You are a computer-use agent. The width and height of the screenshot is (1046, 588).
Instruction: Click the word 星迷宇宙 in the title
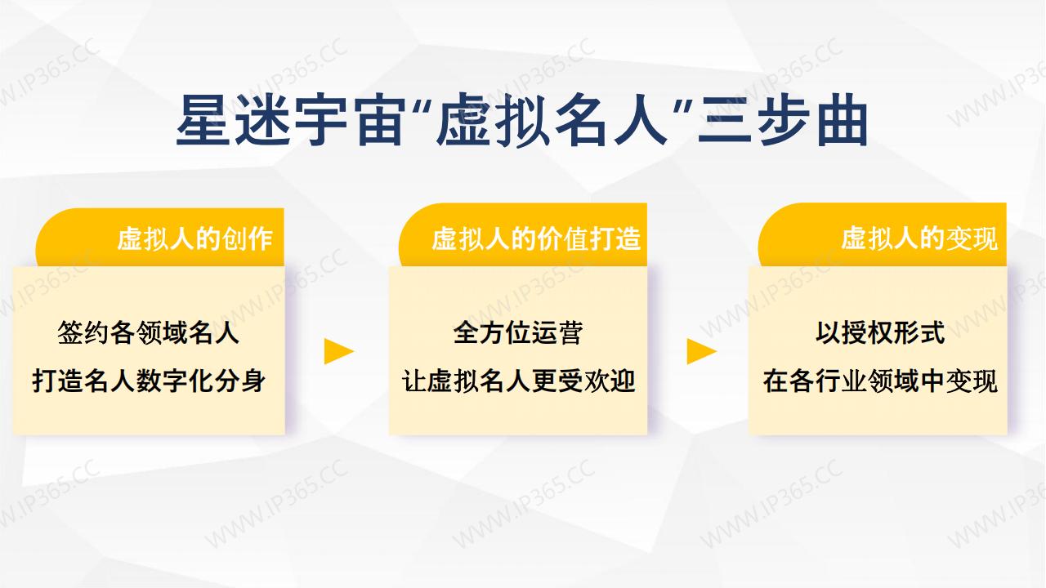tap(290, 120)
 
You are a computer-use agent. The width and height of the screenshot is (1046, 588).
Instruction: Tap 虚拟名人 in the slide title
tap(552, 120)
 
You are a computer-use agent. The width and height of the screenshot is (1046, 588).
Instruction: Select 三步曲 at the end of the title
tap(783, 120)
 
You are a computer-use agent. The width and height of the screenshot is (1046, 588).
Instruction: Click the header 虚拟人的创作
tap(194, 239)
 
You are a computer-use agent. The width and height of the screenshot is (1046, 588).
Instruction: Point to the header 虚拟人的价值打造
tap(536, 239)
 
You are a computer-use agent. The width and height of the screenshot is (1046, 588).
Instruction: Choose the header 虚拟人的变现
tap(919, 239)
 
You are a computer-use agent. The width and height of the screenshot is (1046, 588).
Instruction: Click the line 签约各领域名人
tap(149, 333)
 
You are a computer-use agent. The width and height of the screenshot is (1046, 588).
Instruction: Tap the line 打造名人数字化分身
tap(149, 381)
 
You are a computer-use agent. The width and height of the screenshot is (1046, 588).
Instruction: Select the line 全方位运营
tap(518, 333)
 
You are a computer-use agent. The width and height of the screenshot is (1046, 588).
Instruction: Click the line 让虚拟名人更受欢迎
tap(518, 381)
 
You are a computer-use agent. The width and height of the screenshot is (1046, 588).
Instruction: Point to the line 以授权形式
tap(880, 333)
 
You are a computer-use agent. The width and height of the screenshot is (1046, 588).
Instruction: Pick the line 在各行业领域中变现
tap(880, 381)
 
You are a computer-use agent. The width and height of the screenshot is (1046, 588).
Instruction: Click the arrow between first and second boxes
tap(339, 351)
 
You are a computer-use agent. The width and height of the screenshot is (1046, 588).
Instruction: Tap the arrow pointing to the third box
tap(702, 351)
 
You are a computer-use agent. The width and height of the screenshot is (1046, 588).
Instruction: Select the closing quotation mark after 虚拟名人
tap(682, 107)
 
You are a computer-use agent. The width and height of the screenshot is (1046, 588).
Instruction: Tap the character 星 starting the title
tap(203, 120)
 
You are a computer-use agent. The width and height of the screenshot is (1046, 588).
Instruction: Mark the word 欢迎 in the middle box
tap(610, 381)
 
